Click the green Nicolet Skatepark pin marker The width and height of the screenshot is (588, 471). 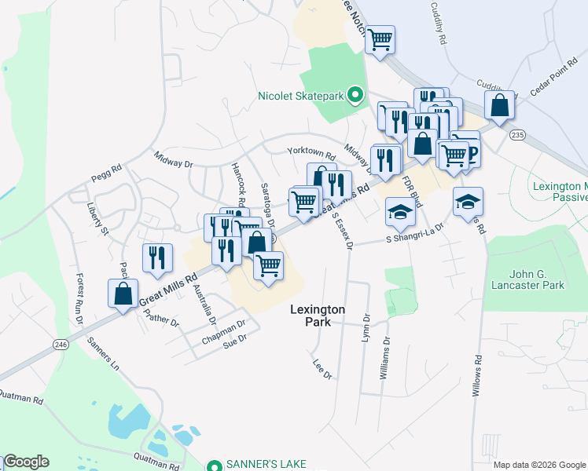click(355, 97)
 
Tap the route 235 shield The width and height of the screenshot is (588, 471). click(516, 136)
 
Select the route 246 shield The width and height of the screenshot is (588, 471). click(61, 344)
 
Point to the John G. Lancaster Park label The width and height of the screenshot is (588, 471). click(526, 279)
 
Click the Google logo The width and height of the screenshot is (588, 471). click(26, 462)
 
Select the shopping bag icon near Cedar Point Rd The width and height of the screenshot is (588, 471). click(500, 104)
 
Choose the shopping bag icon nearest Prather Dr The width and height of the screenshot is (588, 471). click(123, 294)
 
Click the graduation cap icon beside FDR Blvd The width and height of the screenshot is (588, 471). click(399, 212)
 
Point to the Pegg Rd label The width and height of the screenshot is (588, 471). click(106, 168)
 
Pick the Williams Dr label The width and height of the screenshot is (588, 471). click(385, 359)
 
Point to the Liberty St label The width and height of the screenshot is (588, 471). click(98, 219)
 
